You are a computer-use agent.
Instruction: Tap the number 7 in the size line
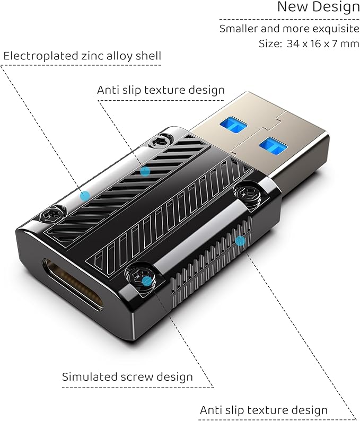coord(335,43)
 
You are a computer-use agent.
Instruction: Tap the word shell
coord(148,56)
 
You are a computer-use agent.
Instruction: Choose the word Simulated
coord(89,376)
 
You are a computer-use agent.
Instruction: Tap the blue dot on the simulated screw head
coord(146,282)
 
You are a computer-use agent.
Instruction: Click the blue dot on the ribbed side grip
coord(240,241)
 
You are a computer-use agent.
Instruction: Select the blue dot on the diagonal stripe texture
coord(145,171)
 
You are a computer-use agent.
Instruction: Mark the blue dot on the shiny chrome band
coord(85,196)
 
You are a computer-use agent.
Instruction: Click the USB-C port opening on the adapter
coord(73,285)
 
